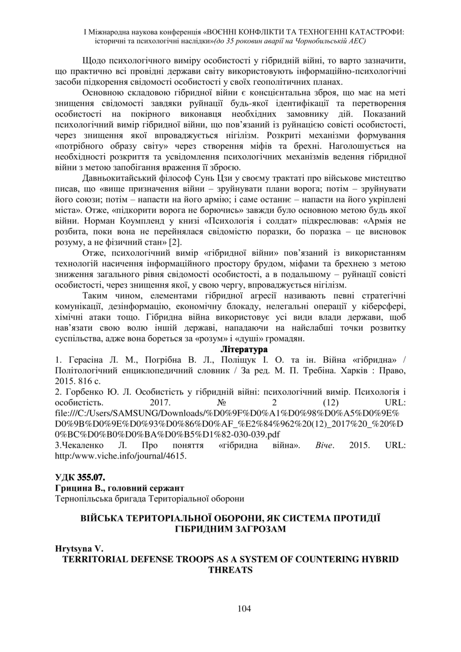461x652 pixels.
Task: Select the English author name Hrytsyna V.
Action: click(79, 549)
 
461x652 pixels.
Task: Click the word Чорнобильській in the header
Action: click(310, 40)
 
